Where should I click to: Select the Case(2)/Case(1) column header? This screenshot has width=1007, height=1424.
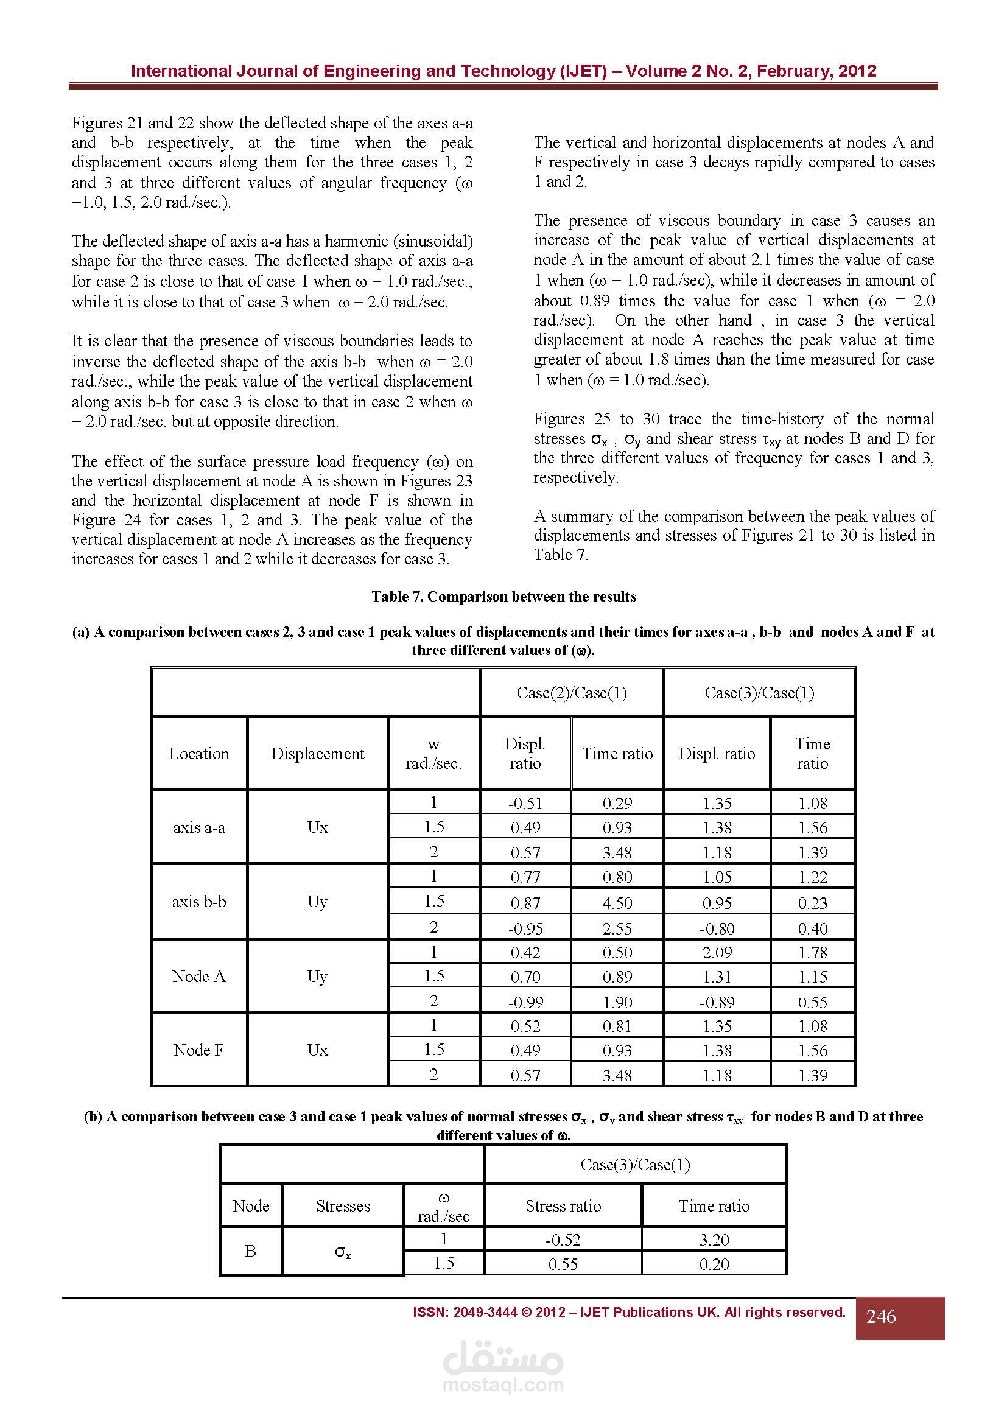click(571, 693)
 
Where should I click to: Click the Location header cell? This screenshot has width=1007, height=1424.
click(199, 754)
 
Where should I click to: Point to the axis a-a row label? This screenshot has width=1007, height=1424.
click(199, 827)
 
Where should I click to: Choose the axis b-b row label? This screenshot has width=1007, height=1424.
click(199, 901)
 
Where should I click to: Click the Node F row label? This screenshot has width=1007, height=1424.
click(199, 1050)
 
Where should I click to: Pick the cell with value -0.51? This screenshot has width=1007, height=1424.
click(525, 804)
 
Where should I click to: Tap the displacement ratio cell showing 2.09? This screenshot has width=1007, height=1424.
click(717, 952)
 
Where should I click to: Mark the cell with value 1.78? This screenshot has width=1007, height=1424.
click(812, 952)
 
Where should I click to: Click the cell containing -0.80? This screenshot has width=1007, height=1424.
click(717, 928)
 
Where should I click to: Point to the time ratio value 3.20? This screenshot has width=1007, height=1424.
click(714, 1240)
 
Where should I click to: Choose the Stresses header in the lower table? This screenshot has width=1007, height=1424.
click(343, 1205)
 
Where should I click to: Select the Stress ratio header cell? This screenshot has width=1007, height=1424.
click(563, 1205)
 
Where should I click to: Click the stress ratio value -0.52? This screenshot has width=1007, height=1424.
click(563, 1240)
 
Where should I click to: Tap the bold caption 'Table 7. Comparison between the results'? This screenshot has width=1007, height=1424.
click(503, 597)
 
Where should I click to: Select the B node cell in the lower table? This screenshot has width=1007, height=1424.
click(250, 1251)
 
